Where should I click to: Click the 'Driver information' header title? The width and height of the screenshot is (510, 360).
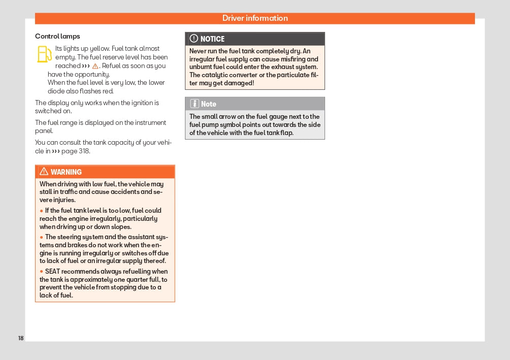tap(255, 18)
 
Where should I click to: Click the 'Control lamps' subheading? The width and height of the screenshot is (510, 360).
tap(57, 37)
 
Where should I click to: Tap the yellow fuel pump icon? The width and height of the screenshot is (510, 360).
tap(45, 54)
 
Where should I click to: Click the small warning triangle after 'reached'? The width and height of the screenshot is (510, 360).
tap(95, 66)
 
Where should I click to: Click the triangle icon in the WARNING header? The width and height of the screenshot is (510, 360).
tap(44, 172)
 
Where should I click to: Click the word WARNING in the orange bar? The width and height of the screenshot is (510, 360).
tap(66, 172)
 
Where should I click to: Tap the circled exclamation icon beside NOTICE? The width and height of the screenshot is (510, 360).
tap(194, 39)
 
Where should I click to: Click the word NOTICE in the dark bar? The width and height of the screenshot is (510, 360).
tap(212, 39)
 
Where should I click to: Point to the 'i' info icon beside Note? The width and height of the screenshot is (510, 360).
tap(194, 104)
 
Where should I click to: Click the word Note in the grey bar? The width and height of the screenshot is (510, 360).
tap(208, 104)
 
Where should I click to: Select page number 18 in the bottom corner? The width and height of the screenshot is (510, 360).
tap(21, 338)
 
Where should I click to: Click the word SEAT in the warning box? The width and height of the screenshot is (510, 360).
tap(53, 272)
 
